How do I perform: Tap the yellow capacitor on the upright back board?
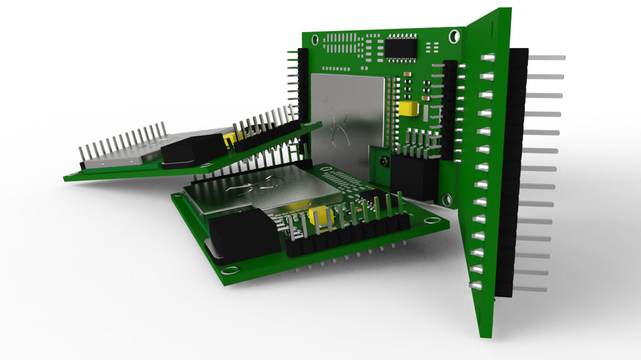point(407,109)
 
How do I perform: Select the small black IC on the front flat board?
point(371,200)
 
